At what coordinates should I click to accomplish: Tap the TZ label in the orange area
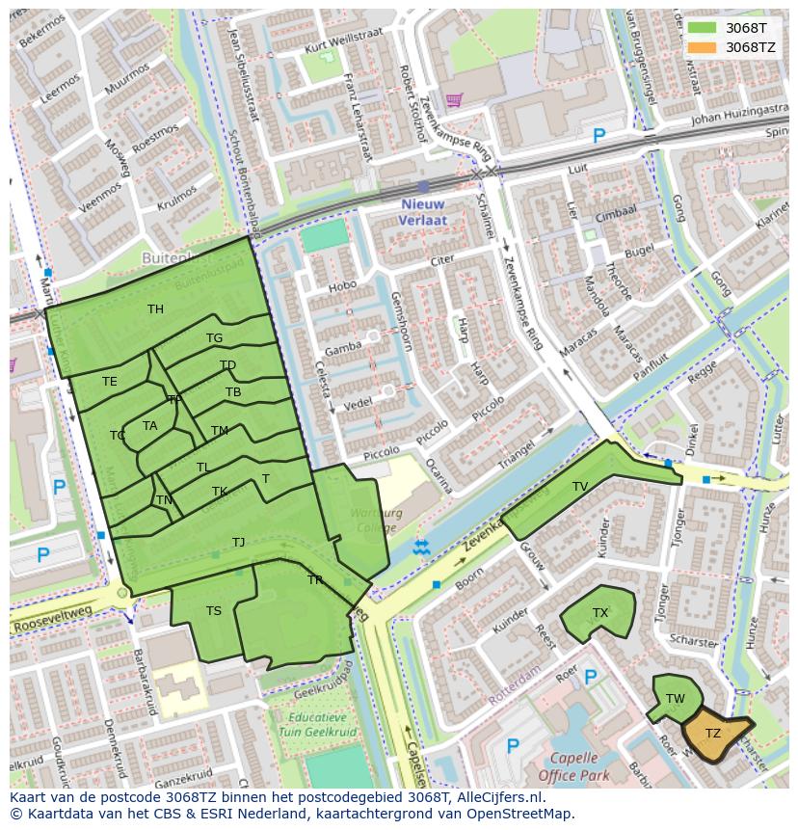pos(712,734)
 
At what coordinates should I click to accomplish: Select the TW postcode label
pos(675,699)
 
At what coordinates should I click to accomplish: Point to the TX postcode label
pos(600,613)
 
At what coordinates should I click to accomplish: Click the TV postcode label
pos(579,487)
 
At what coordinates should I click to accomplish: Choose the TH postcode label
pos(155,309)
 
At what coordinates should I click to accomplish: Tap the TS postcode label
pos(214,610)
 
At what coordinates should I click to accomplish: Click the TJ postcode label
pos(238,543)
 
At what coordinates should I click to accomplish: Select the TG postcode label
pos(214,338)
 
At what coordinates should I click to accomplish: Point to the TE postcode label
pos(110,382)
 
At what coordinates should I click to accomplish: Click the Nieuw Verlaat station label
pos(422,212)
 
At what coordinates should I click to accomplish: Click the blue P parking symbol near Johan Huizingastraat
pos(598,137)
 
